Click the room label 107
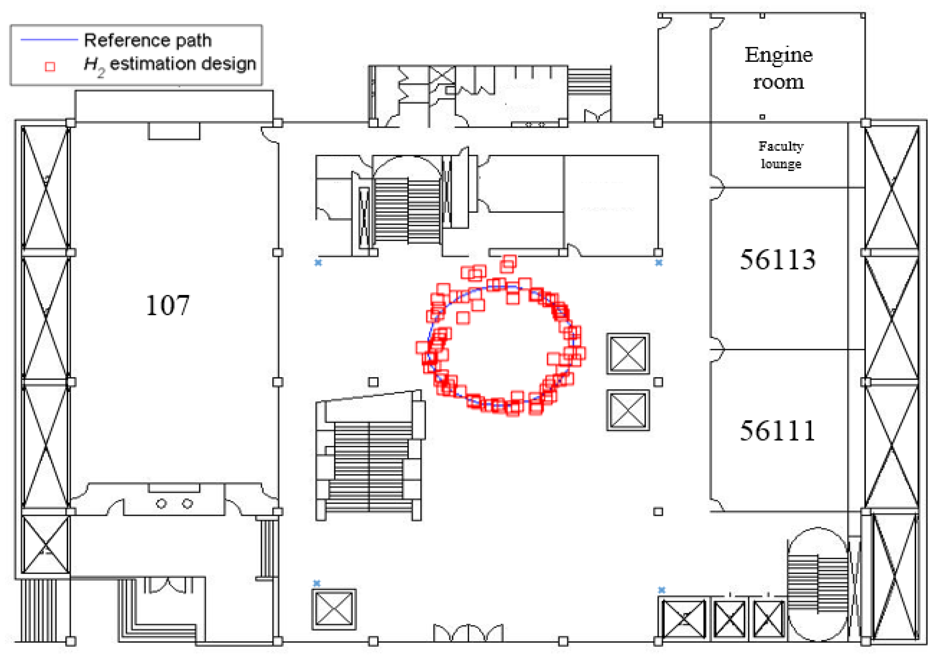[168, 306]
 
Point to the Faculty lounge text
[781, 155]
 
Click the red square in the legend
[50, 67]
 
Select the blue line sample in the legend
[49, 40]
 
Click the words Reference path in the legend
[148, 40]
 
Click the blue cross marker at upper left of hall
[318, 263]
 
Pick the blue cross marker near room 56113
[658, 263]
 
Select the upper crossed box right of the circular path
[628, 354]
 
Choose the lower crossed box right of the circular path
[628, 410]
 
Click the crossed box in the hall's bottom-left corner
[334, 609]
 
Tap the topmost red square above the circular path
[509, 261]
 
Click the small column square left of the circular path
[373, 382]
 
